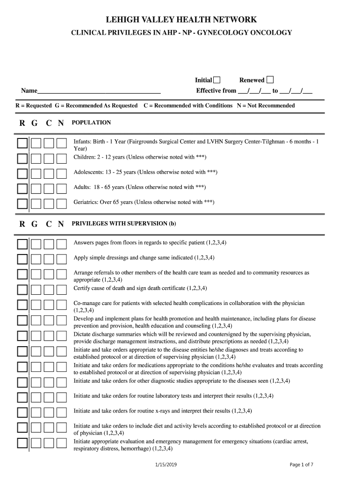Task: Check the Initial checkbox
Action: pyautogui.click(x=217, y=80)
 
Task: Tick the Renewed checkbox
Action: pyautogui.click(x=270, y=80)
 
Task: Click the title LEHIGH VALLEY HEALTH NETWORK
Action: pyautogui.click(x=181, y=20)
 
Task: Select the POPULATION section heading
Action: pyautogui.click(x=91, y=123)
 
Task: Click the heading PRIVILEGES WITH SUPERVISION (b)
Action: pyautogui.click(x=124, y=224)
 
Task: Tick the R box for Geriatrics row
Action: pyautogui.click(x=22, y=203)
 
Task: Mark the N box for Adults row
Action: pyautogui.click(x=62, y=189)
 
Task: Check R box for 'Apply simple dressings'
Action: pyautogui.click(x=22, y=259)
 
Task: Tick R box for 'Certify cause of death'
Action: pyautogui.click(x=22, y=290)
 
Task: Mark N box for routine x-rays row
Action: pyautogui.click(x=62, y=412)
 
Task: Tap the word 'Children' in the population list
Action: pyautogui.click(x=84, y=157)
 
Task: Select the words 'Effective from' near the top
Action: pyautogui.click(x=216, y=91)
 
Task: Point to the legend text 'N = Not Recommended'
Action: pyautogui.click(x=266, y=106)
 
